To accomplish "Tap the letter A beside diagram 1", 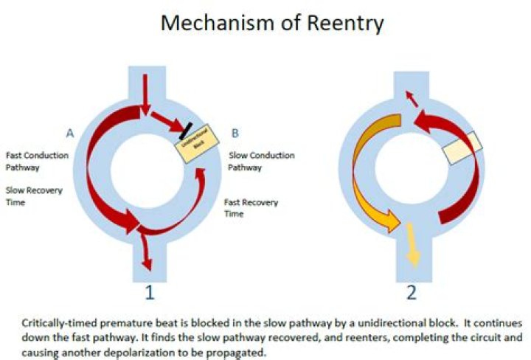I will coord(71,134).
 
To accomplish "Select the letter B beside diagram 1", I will coord(235,134).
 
